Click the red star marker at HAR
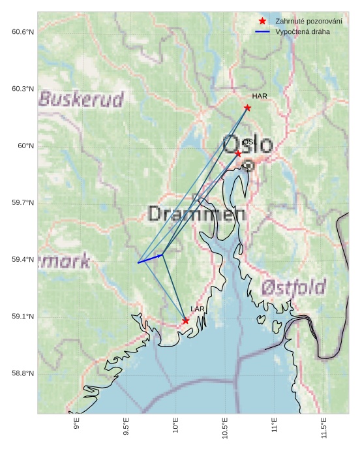coord(247,108)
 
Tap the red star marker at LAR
coord(186,320)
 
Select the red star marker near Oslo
coord(238,153)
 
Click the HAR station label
coord(260,97)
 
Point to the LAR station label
coord(198,309)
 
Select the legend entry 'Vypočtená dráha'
coord(303,31)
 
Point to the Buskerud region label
coord(82,99)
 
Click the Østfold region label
coord(293,287)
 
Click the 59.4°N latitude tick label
coord(22,260)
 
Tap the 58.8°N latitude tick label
coord(22,373)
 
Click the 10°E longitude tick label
coord(176,428)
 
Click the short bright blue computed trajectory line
coord(150,259)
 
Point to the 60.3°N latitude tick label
coord(22,89)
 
